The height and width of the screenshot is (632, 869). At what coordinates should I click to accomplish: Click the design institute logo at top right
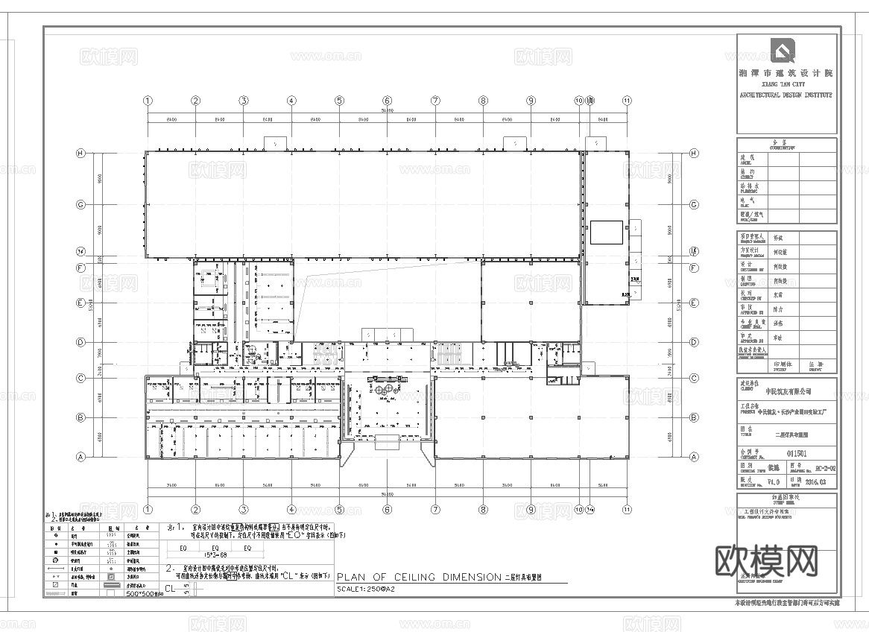(x=783, y=52)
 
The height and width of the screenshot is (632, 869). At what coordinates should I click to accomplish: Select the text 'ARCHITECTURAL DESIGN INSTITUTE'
(x=786, y=95)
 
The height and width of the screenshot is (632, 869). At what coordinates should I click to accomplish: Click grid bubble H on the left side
(x=80, y=153)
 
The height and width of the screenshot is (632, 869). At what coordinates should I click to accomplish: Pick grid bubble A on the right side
(x=694, y=457)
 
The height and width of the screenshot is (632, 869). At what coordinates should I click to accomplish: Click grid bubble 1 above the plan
(x=148, y=101)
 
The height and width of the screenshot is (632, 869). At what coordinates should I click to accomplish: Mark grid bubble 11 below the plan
(x=627, y=510)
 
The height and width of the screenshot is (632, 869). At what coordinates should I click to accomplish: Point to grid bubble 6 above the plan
(x=387, y=101)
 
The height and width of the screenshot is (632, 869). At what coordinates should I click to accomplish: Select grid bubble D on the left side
(x=80, y=342)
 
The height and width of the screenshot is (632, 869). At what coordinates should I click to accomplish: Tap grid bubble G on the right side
(x=694, y=204)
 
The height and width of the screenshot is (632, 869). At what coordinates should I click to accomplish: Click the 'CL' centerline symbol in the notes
(x=171, y=588)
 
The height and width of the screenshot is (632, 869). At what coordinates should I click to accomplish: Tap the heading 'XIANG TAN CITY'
(x=786, y=85)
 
